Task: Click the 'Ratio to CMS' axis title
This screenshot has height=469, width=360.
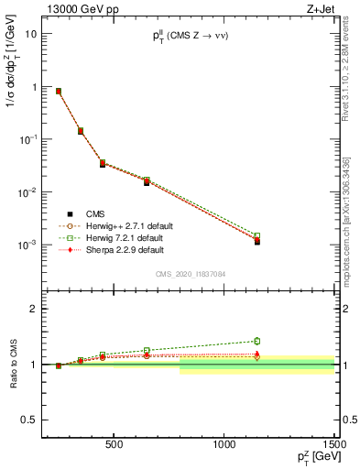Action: click(12, 365)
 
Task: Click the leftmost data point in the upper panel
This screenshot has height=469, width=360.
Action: click(59, 92)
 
